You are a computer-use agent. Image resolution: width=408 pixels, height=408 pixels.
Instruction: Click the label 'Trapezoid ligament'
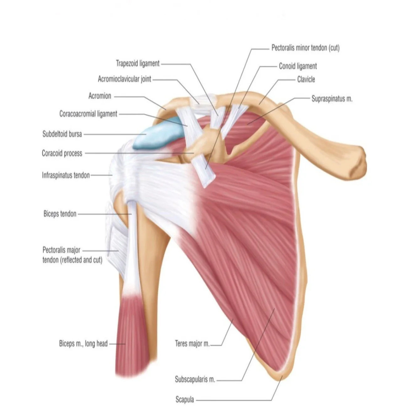138,64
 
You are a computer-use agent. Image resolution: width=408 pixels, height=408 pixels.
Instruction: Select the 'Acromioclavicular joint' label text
125,79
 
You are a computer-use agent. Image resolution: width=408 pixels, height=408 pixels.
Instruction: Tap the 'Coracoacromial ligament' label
88,114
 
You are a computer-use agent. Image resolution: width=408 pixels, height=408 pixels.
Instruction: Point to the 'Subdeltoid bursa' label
62,134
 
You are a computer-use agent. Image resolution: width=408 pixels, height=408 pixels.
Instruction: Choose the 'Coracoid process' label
62,153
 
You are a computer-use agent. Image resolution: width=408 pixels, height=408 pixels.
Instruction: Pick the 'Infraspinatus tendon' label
66,175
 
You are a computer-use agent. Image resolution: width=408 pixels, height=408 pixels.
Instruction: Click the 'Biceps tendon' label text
60,214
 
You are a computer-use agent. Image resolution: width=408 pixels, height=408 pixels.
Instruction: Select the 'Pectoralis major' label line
62,250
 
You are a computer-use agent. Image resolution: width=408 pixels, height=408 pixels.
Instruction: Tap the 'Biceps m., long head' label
83,344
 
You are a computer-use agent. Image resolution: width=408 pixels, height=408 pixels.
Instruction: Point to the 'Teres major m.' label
192,344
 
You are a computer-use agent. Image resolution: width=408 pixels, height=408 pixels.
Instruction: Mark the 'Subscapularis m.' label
195,379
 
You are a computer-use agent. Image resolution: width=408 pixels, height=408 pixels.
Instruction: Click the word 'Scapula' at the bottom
185,400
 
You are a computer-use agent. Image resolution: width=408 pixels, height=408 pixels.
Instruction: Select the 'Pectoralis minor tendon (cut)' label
305,48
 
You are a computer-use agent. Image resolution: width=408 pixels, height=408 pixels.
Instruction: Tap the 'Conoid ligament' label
298,66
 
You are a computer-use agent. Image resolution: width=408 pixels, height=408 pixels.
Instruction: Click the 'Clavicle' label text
306,79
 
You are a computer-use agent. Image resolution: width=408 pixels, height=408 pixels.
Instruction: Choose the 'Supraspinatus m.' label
332,99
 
